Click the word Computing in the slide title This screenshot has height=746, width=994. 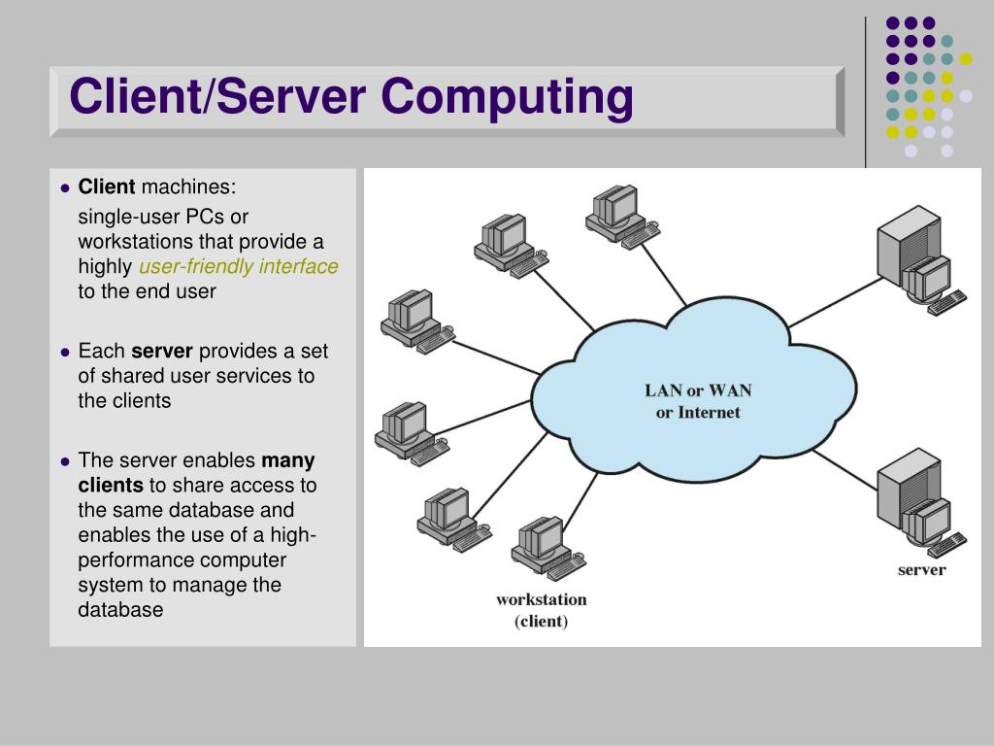point(507,98)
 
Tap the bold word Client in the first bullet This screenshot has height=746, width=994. point(107,186)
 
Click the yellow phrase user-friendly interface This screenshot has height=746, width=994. point(239,267)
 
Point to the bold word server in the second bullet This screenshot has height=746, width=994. point(162,351)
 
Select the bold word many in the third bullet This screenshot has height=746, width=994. point(288,460)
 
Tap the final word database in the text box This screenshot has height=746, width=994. point(120,610)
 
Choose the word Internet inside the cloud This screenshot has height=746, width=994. point(709,412)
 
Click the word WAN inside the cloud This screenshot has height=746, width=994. point(730,390)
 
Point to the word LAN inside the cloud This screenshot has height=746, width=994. point(663,390)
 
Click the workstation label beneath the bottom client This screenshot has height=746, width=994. point(541,599)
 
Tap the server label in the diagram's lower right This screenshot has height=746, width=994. point(921,570)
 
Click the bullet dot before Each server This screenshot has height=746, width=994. point(65,352)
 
